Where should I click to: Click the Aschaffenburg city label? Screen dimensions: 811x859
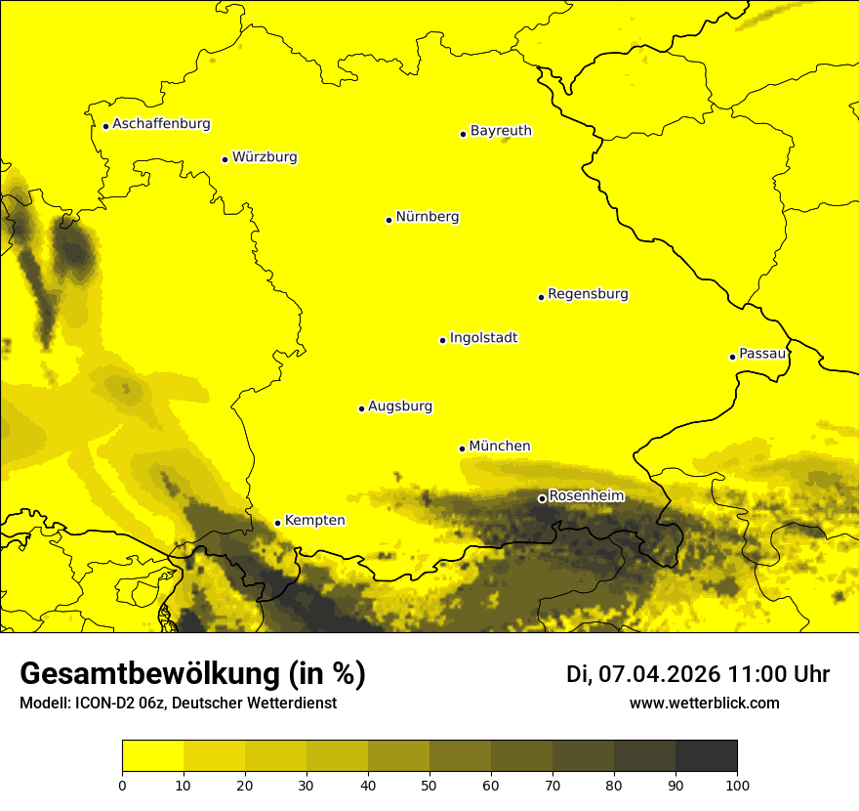tap(161, 124)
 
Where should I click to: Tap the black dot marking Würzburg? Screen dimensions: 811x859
tap(225, 159)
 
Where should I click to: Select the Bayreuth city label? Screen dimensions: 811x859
tap(501, 131)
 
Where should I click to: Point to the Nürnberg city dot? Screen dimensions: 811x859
tap(389, 220)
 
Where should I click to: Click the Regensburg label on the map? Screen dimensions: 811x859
tap(588, 294)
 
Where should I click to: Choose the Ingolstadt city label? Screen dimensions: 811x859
tap(483, 338)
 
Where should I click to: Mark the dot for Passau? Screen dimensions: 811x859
tap(732, 357)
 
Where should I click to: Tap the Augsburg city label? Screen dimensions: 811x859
tap(400, 406)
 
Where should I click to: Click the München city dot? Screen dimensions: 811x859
tap(462, 448)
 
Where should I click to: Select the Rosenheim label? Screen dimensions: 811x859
tap(586, 496)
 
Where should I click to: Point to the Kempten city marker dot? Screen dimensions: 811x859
tap(277, 523)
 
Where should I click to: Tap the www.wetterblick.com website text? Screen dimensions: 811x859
tap(704, 703)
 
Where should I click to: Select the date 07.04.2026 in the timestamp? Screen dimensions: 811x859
tap(659, 674)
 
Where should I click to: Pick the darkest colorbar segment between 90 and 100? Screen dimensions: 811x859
tap(706, 756)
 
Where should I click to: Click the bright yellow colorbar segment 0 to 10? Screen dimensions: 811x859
tap(152, 756)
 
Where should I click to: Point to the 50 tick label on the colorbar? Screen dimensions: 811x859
tap(429, 785)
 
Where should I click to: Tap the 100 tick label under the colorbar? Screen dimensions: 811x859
tap(737, 785)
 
